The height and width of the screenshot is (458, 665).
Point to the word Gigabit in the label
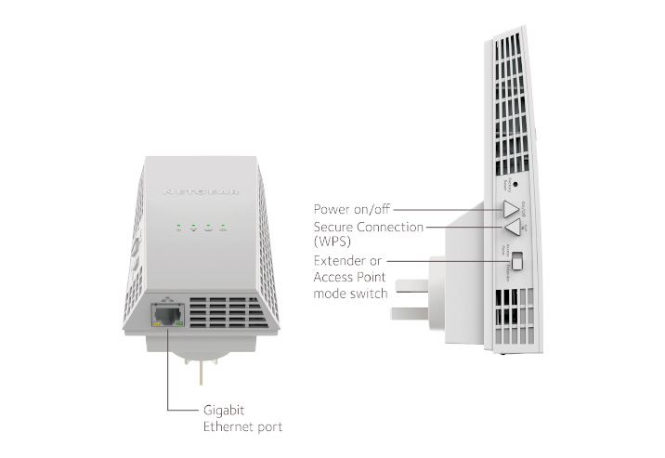click(x=225, y=409)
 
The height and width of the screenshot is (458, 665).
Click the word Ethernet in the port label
click(x=228, y=426)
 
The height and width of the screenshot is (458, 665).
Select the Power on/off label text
click(x=355, y=209)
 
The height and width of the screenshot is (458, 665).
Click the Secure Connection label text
click(x=369, y=227)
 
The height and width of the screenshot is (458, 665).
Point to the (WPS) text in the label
click(x=336, y=242)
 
